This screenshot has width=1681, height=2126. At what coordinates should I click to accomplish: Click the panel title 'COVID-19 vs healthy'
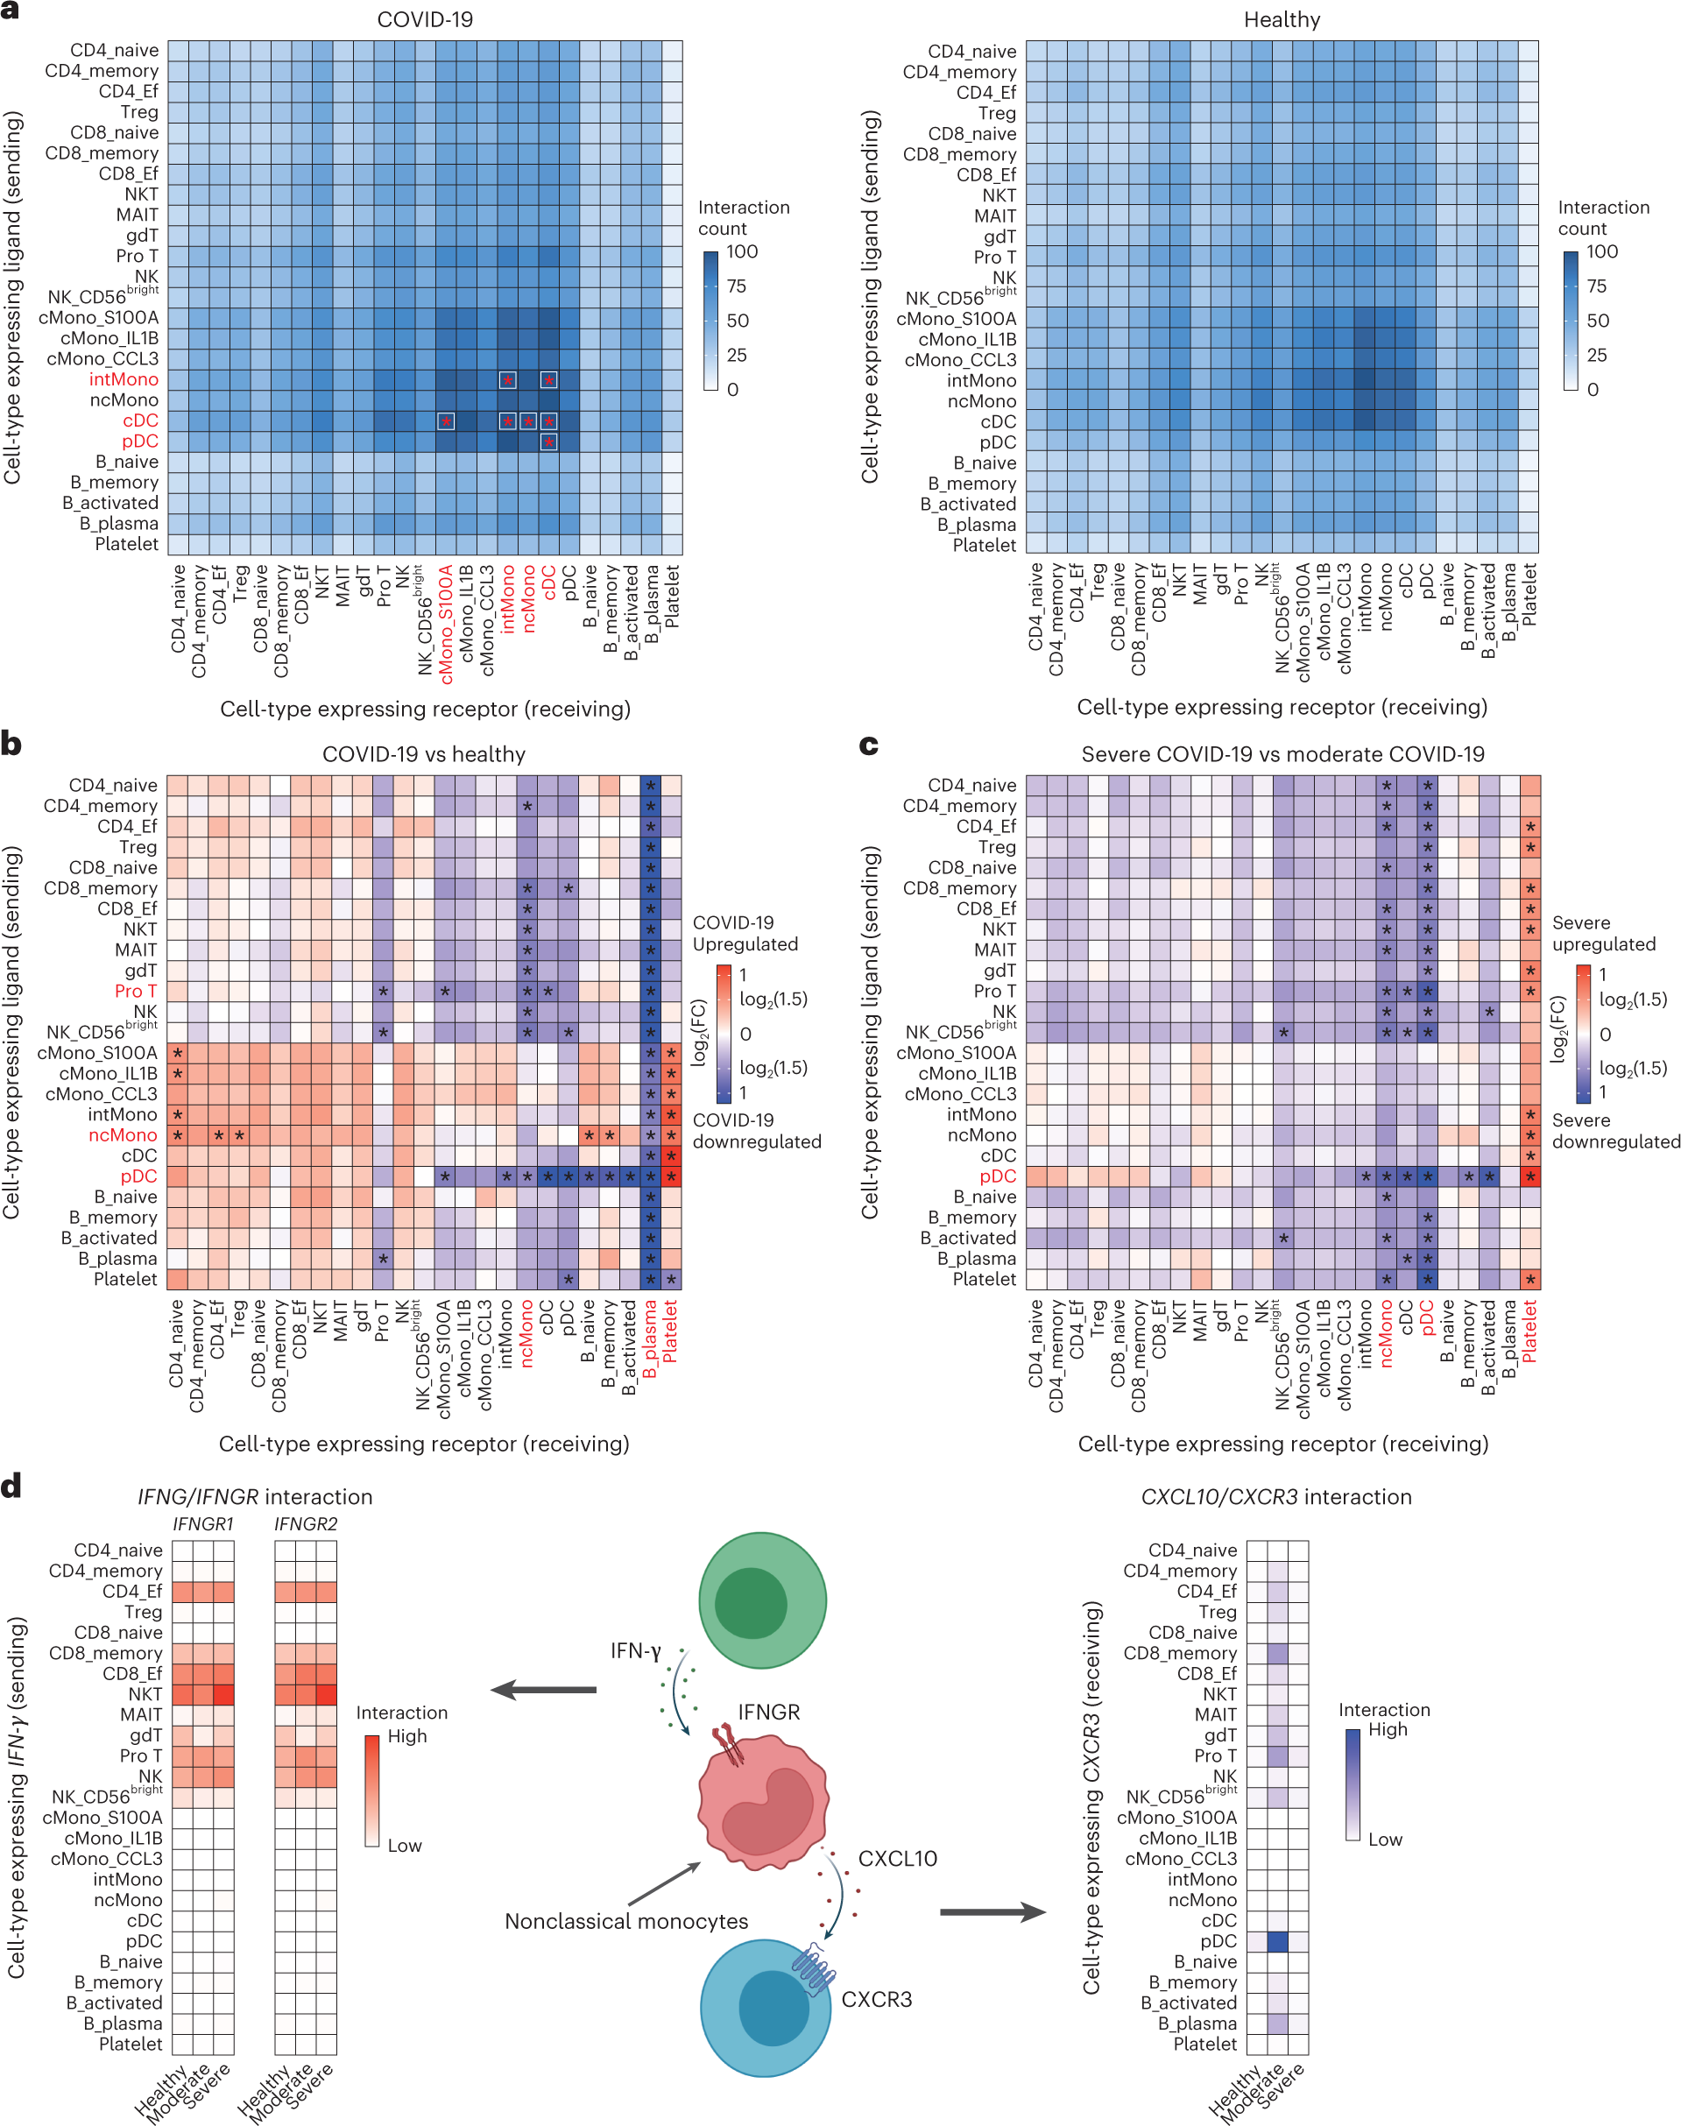423,754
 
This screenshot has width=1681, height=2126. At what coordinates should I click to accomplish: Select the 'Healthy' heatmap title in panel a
1282,19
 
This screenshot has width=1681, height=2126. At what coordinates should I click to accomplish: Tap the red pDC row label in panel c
997,1176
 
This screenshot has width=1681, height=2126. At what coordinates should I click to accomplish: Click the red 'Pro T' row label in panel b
135,991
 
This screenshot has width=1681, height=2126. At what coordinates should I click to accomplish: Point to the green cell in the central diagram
762,1600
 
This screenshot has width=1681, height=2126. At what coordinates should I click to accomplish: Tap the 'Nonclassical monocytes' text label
626,1921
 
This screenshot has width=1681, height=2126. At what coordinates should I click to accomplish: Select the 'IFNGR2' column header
305,1523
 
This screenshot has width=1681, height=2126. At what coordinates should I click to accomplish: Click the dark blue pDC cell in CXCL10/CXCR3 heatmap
1277,1942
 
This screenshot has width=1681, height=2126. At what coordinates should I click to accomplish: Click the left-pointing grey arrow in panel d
543,1690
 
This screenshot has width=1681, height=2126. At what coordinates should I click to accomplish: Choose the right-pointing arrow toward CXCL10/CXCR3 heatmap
992,1912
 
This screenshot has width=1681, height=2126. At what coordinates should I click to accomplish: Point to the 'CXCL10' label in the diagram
897,1858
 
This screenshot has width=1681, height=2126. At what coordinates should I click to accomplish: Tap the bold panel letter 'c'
868,745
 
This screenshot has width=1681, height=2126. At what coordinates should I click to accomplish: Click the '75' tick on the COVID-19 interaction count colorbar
736,286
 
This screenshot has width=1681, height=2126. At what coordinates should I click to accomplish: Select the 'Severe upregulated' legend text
1602,933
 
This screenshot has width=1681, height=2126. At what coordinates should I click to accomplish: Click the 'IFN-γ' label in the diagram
635,1650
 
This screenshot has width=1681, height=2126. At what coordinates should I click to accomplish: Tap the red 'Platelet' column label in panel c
1529,1331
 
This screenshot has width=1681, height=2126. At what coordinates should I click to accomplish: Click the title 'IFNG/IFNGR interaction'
254,1497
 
